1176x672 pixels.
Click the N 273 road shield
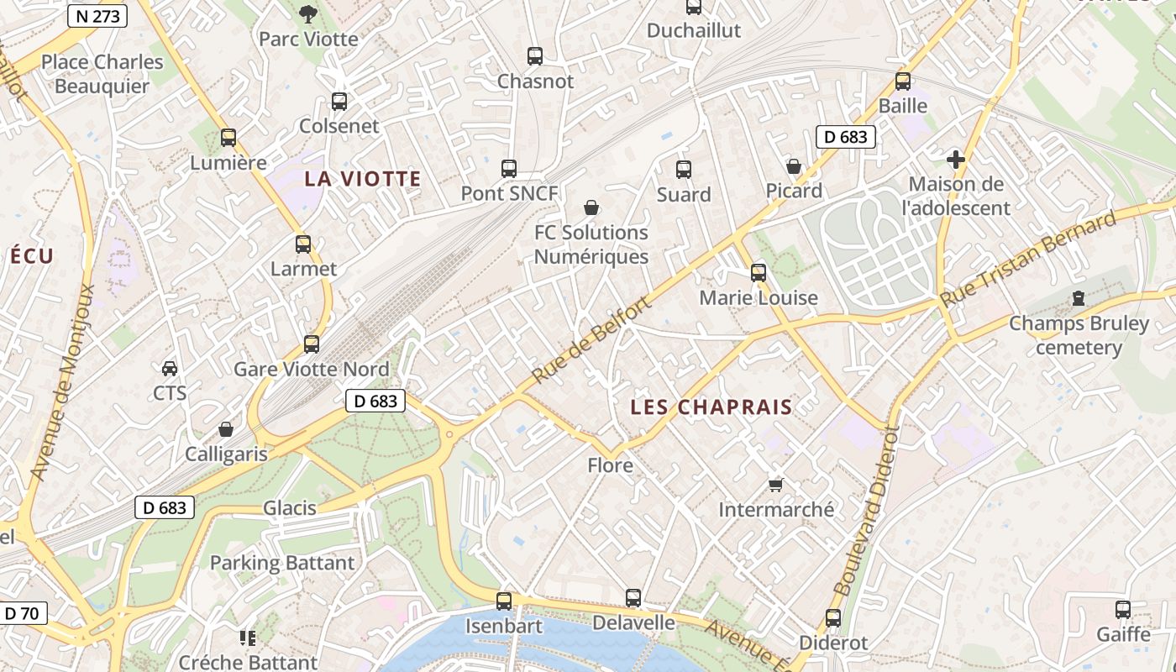tap(97, 16)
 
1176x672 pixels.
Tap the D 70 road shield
tap(21, 613)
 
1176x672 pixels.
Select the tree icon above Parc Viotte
tap(308, 13)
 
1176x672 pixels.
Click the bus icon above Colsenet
tap(339, 102)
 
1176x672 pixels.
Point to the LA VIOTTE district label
tap(363, 179)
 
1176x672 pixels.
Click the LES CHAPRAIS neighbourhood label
tap(711, 407)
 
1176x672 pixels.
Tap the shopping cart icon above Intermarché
tap(776, 485)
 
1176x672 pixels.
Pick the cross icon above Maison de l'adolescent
tap(955, 159)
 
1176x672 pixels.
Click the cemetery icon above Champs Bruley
tap(1079, 298)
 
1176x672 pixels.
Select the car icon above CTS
tap(170, 368)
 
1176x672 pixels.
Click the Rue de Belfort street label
tap(591, 341)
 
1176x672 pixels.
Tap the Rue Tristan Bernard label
tap(1028, 260)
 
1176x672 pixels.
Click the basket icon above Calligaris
tap(226, 429)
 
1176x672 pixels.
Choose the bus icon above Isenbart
tap(504, 601)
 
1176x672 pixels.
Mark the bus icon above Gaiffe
tap(1123, 610)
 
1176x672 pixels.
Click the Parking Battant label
tap(282, 563)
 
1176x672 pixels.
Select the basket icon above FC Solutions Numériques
tap(591, 207)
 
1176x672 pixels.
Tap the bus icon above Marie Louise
tap(759, 273)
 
